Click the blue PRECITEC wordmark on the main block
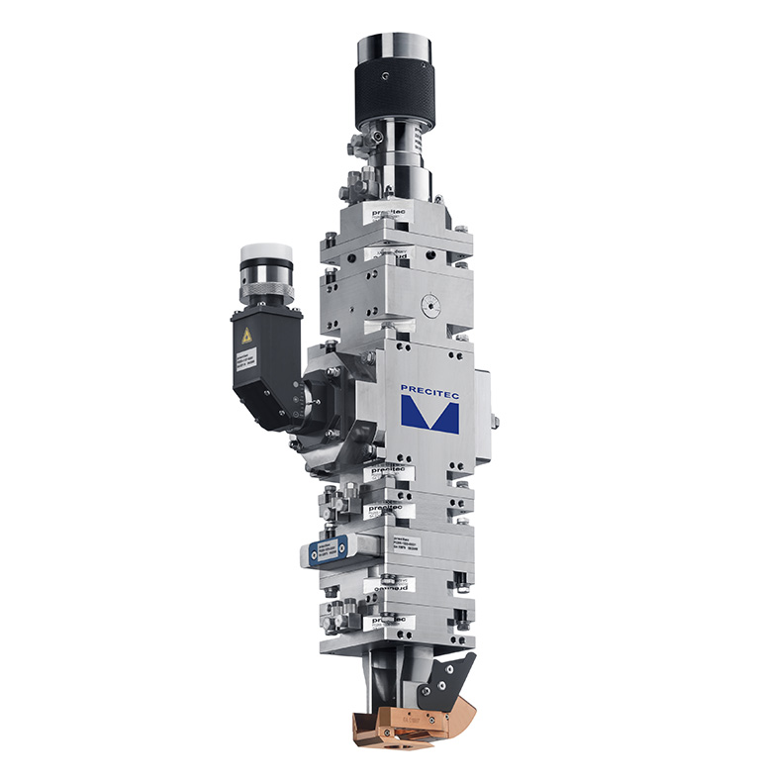click(x=429, y=389)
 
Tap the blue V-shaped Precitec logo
click(x=430, y=415)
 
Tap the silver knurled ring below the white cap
click(x=265, y=290)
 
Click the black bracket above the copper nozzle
click(x=448, y=682)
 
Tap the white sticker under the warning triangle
click(x=245, y=362)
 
